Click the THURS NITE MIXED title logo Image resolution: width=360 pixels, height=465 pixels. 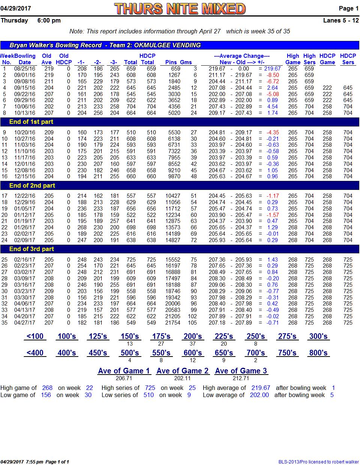(x=180, y=9)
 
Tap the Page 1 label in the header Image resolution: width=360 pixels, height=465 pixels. (x=348, y=8)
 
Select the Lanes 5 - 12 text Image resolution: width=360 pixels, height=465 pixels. (x=341, y=20)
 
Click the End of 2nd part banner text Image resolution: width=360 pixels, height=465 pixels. (x=32, y=185)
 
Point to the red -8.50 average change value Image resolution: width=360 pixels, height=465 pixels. (x=273, y=75)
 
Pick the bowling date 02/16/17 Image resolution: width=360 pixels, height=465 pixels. (x=25, y=260)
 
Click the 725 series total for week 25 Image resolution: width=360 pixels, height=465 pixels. (x=131, y=260)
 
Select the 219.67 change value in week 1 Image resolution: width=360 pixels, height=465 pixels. (x=272, y=69)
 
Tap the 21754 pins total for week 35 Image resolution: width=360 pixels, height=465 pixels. (x=173, y=323)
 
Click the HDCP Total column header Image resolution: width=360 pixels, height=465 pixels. (x=147, y=59)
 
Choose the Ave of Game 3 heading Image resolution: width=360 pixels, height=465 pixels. (x=241, y=371)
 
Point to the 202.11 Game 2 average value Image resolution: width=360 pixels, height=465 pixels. (x=182, y=378)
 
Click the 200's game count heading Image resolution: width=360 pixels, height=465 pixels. (x=193, y=336)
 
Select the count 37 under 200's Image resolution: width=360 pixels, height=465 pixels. (x=193, y=344)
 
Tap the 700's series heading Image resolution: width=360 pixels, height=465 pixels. (x=256, y=353)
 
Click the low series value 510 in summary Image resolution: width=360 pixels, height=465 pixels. (x=148, y=395)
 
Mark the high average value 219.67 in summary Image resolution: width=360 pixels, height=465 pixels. (x=261, y=388)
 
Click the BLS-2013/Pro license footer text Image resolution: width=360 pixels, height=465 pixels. (x=319, y=462)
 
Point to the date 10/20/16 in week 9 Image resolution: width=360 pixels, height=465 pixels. (x=25, y=132)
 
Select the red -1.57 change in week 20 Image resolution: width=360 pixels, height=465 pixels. (x=273, y=215)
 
